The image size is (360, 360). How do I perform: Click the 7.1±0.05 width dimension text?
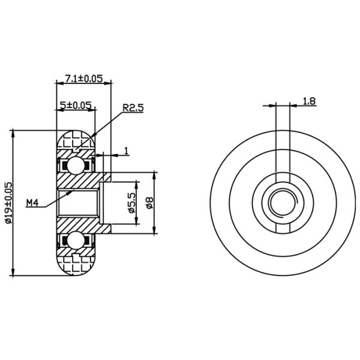pyautogui.click(x=83, y=78)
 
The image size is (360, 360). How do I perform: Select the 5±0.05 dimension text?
pyautogui.click(x=75, y=105)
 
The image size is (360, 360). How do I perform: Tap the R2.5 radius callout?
pyautogui.click(x=133, y=108)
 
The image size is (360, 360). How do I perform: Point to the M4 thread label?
pyautogui.click(x=33, y=203)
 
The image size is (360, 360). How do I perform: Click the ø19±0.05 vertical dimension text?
pyautogui.click(x=8, y=203)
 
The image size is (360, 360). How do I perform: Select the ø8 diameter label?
pyautogui.click(x=150, y=203)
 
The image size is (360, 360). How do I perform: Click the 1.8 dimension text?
pyautogui.click(x=309, y=101)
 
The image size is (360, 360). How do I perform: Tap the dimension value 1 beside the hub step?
pyautogui.click(x=127, y=151)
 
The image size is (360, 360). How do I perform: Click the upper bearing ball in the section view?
pyautogui.click(x=76, y=163)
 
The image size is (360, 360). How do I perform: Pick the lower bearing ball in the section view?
pyautogui.click(x=76, y=241)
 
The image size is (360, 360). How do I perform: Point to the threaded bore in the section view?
pyautogui.click(x=78, y=203)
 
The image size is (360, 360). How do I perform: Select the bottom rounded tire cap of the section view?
pyautogui.click(x=76, y=265)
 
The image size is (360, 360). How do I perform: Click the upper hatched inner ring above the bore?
pyautogui.click(x=78, y=180)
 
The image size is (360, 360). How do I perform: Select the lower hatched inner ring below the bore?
pyautogui.click(x=78, y=225)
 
